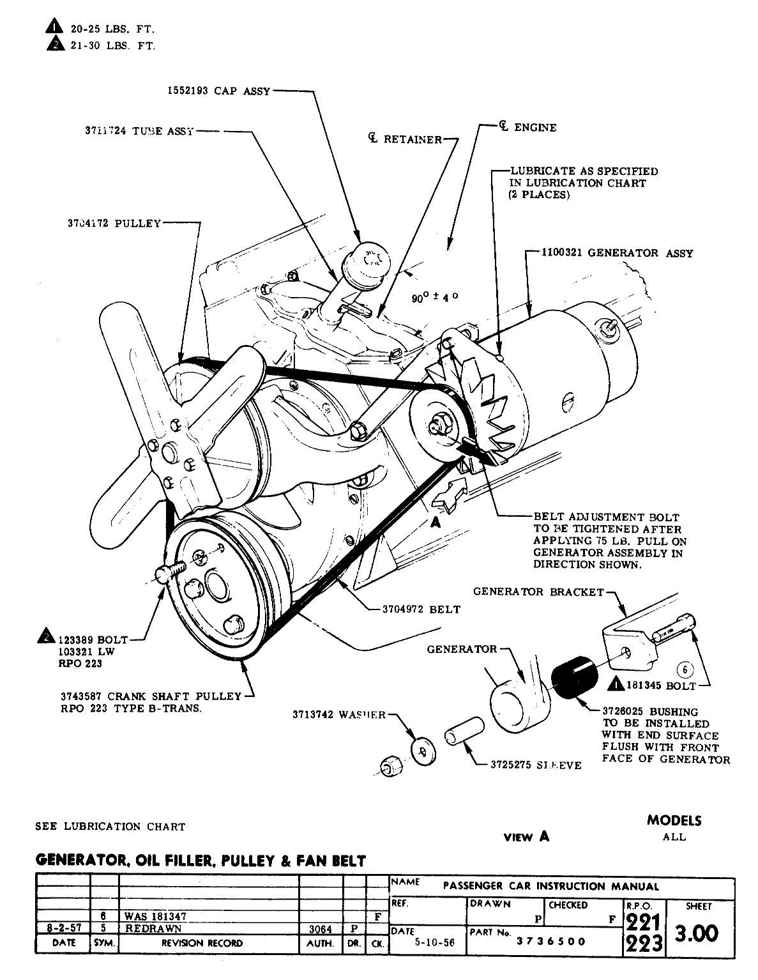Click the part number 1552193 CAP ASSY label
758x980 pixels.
pos(215,91)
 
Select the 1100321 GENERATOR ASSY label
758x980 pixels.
pos(617,253)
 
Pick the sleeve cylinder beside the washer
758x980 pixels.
pos(462,734)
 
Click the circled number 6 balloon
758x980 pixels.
pos(685,670)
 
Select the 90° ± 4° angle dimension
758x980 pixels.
pos(436,298)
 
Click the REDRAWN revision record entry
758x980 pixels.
pos(154,928)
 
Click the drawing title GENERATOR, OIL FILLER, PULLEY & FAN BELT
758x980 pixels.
pos(201,861)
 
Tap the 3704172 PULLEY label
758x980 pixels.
pos(114,224)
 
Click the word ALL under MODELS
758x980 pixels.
pos(674,836)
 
